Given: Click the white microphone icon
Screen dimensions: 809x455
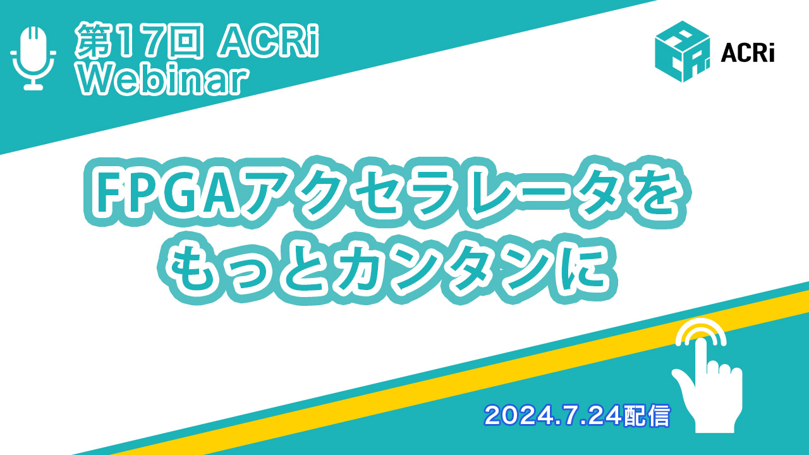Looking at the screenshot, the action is coord(33,58).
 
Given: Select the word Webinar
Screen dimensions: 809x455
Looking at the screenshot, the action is coord(163,81).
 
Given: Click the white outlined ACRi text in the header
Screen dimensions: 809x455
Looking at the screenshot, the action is coord(268,40).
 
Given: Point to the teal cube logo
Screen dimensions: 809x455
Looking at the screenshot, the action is coord(682,51).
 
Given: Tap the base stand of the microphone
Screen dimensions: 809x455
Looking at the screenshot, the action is coord(33,87).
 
